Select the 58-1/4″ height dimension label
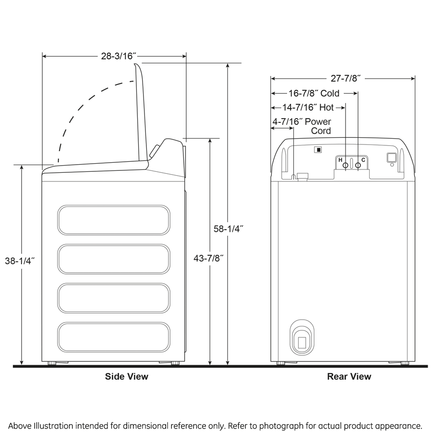pyautogui.click(x=228, y=229)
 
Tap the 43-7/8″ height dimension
pyautogui.click(x=210, y=258)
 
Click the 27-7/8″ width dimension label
pyautogui.click(x=343, y=78)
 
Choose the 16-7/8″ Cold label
pyautogui.click(x=314, y=93)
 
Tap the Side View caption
pyautogui.click(x=127, y=377)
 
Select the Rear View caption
pyautogui.click(x=349, y=377)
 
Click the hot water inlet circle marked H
pyautogui.click(x=345, y=165)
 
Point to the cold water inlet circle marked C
pyautogui.click(x=358, y=165)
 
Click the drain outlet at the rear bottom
pyautogui.click(x=301, y=340)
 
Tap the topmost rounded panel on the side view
pyautogui.click(x=114, y=220)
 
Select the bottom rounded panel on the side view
pyautogui.click(x=114, y=336)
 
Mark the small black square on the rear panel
pyautogui.click(x=317, y=149)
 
